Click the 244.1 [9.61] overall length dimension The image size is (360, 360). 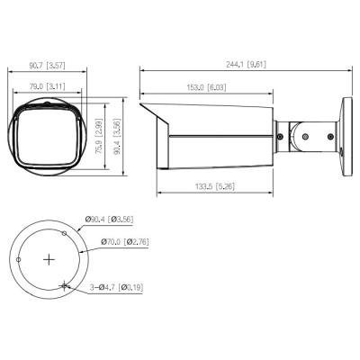[246, 64]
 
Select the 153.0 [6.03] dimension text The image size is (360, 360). [206, 87]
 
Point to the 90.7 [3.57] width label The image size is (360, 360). [47, 66]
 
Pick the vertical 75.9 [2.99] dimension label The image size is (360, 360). [99, 136]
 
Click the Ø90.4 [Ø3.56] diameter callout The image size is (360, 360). [109, 220]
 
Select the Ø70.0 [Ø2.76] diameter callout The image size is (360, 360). [125, 242]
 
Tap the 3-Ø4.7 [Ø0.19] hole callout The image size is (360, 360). [116, 288]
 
